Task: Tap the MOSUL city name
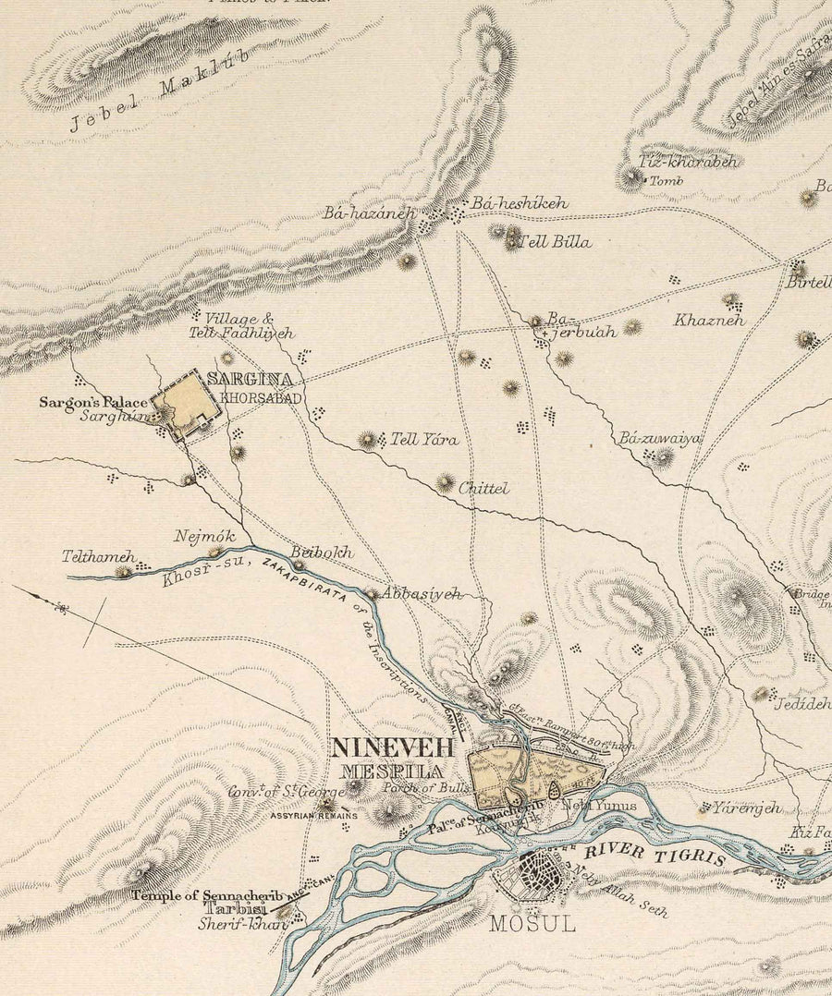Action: tap(532, 922)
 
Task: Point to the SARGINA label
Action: tap(250, 379)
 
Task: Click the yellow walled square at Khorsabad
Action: tap(186, 404)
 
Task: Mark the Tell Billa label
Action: tap(557, 242)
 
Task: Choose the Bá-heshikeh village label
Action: tap(520, 202)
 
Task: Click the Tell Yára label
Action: tap(424, 440)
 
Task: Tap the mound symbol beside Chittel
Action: tap(446, 482)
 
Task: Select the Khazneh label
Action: tap(709, 321)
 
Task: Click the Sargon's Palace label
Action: tap(92, 402)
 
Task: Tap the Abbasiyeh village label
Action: tap(421, 594)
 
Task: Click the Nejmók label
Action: tap(205, 536)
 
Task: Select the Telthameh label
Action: tap(99, 557)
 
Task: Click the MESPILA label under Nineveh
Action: tap(391, 771)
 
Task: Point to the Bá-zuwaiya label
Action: tap(660, 438)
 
